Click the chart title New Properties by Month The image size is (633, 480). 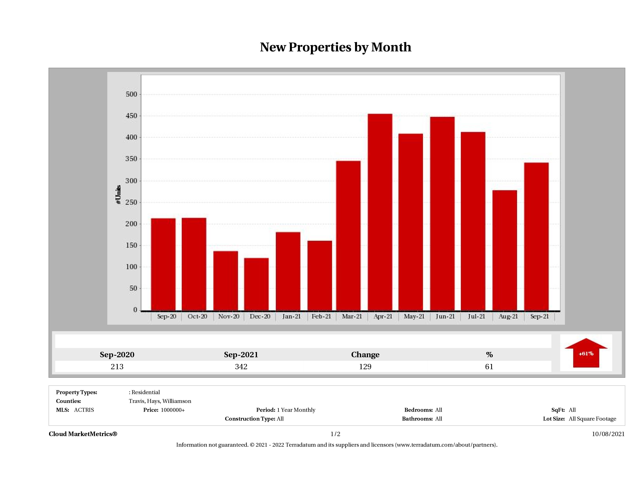click(x=335, y=47)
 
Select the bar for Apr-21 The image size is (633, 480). click(x=380, y=212)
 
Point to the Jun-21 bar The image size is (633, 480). click(x=442, y=213)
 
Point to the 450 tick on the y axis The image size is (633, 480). click(x=131, y=116)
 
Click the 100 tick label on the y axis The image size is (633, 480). click(x=131, y=267)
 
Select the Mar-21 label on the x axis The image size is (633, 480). click(x=352, y=316)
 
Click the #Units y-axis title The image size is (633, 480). click(x=118, y=195)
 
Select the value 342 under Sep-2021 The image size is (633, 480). click(x=241, y=367)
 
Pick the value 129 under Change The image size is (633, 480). click(x=365, y=367)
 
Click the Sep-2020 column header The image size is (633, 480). click(x=117, y=355)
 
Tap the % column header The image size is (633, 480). click(x=489, y=355)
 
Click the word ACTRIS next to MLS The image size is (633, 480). click(x=84, y=410)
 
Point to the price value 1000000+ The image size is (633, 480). click(x=173, y=410)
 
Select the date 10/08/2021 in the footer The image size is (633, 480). click(x=608, y=434)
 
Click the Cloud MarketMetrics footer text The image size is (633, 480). click(x=83, y=434)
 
